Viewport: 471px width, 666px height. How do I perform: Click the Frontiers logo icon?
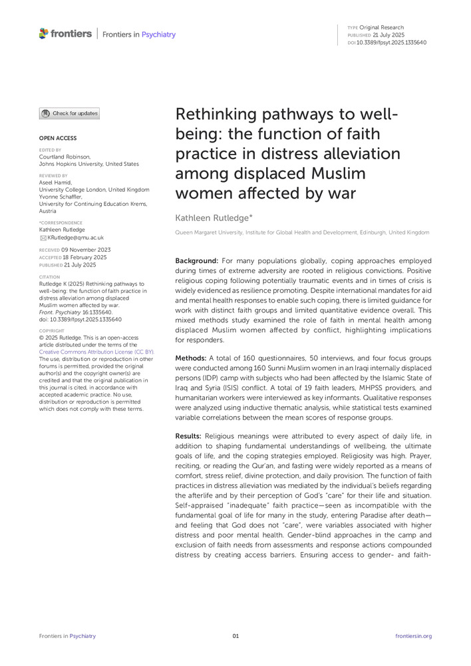click(x=44, y=33)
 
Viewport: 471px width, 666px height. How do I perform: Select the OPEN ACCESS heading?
click(x=58, y=138)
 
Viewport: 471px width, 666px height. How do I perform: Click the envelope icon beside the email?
click(x=43, y=237)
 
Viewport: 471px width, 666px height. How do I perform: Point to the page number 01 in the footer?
click(x=235, y=636)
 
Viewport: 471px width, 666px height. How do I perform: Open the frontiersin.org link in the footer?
click(x=413, y=636)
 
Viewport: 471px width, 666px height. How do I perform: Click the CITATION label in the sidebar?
click(x=50, y=277)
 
